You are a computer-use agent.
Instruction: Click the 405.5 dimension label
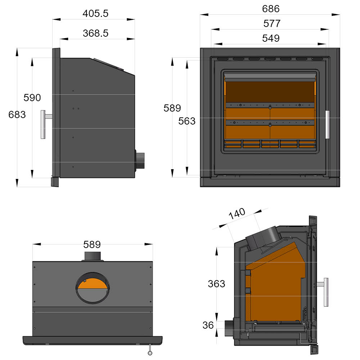(x=95, y=14)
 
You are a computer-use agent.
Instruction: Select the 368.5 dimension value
(x=95, y=33)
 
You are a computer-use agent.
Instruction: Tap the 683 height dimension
(x=17, y=115)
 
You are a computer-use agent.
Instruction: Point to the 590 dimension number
(x=32, y=98)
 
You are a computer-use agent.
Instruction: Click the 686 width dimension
(x=271, y=9)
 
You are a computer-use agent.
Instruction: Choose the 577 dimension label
(x=272, y=24)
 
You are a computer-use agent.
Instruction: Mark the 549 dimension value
(x=271, y=38)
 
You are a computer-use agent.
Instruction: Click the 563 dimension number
(x=187, y=121)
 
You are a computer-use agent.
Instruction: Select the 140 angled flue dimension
(x=237, y=215)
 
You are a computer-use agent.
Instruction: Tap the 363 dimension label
(x=216, y=284)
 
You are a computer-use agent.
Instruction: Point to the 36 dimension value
(x=208, y=325)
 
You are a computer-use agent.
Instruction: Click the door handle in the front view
(x=328, y=125)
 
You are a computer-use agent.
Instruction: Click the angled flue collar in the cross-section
(x=263, y=238)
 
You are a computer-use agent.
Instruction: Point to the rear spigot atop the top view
(x=93, y=256)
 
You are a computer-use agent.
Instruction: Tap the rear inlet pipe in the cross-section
(x=229, y=328)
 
